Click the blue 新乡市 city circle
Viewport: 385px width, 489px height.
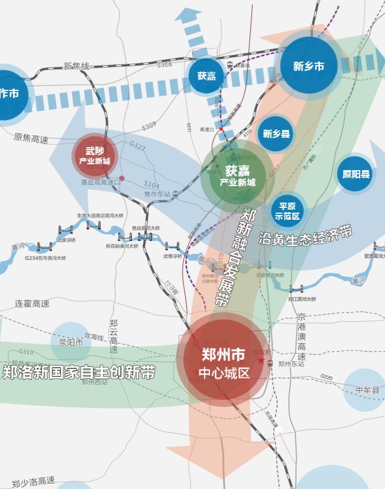(x=308, y=66)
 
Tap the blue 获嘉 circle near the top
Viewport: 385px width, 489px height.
(x=206, y=76)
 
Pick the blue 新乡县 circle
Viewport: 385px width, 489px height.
(x=277, y=134)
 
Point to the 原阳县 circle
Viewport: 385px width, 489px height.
(x=355, y=174)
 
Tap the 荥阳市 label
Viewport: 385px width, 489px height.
(x=71, y=341)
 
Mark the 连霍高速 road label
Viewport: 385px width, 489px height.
(x=33, y=304)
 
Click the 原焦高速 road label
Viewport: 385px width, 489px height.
(x=31, y=138)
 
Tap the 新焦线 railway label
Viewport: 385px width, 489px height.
(x=76, y=66)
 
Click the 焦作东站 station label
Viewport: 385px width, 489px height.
(x=157, y=194)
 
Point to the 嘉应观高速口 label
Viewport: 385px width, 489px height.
(x=101, y=182)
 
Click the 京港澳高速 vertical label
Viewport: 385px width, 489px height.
(x=302, y=337)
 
